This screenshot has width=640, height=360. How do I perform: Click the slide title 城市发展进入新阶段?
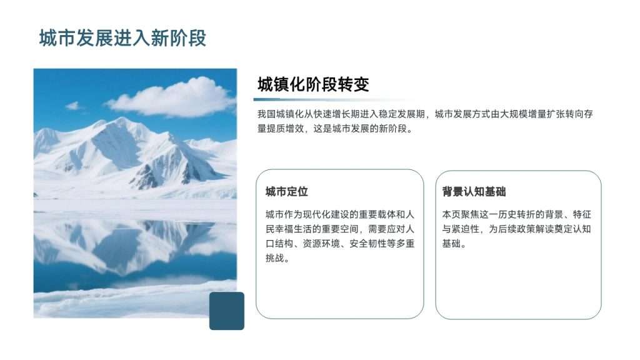[x=122, y=38]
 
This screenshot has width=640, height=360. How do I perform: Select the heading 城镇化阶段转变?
[x=313, y=84]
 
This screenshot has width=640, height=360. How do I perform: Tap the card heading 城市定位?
[x=286, y=191]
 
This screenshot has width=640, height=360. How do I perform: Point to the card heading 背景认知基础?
[x=474, y=191]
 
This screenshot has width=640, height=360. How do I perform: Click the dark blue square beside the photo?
[x=226, y=311]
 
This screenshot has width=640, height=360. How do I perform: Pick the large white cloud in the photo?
[x=171, y=98]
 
